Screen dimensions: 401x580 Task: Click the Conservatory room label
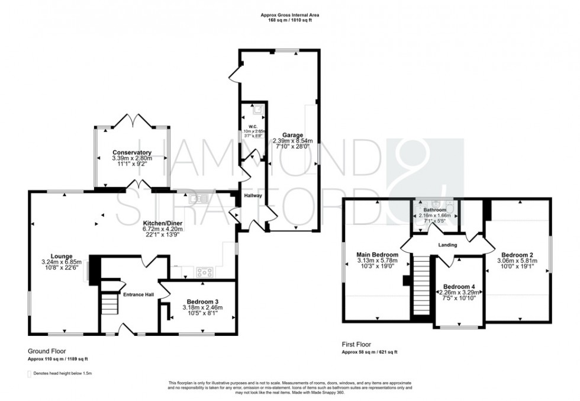click(133, 152)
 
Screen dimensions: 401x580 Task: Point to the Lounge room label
click(61, 256)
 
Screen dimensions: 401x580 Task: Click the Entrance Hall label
click(138, 294)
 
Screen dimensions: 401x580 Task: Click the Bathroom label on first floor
click(434, 210)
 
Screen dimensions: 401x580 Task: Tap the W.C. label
click(252, 126)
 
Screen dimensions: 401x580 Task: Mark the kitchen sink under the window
click(198, 199)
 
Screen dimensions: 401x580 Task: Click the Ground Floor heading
click(44, 351)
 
